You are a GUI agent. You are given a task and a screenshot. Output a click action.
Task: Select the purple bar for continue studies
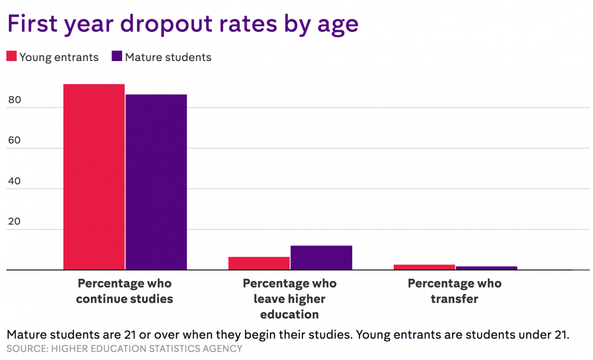pyautogui.click(x=156, y=182)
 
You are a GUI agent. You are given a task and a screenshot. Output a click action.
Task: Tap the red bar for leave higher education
pyautogui.click(x=259, y=263)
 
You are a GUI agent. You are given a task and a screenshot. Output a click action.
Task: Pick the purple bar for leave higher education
pyautogui.click(x=321, y=257)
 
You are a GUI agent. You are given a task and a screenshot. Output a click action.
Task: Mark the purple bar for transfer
pyautogui.click(x=486, y=268)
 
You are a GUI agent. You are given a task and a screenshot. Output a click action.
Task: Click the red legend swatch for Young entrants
pyautogui.click(x=11, y=57)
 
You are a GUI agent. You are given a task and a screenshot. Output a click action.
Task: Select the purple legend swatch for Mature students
pyautogui.click(x=116, y=57)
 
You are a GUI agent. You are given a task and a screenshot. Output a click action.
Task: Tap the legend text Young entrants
pyautogui.click(x=59, y=58)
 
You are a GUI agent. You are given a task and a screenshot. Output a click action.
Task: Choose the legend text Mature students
pyautogui.click(x=168, y=58)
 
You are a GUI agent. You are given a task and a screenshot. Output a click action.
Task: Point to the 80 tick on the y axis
pyautogui.click(x=14, y=101)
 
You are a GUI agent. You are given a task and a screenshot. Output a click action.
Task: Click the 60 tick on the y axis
pyautogui.click(x=14, y=141)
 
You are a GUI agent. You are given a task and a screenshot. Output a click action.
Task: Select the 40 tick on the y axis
pyautogui.click(x=14, y=182)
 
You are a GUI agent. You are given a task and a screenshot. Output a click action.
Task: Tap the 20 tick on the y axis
pyautogui.click(x=14, y=222)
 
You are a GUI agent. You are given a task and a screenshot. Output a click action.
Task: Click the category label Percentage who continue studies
pyautogui.click(x=125, y=291)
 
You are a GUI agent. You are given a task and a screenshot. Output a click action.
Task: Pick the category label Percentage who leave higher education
pyautogui.click(x=289, y=299)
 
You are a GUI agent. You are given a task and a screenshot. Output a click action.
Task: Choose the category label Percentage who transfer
pyautogui.click(x=454, y=291)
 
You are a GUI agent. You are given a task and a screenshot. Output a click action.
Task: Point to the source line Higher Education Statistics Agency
pyautogui.click(x=125, y=349)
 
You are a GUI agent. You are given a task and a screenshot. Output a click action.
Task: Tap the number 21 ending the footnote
pyautogui.click(x=560, y=334)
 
